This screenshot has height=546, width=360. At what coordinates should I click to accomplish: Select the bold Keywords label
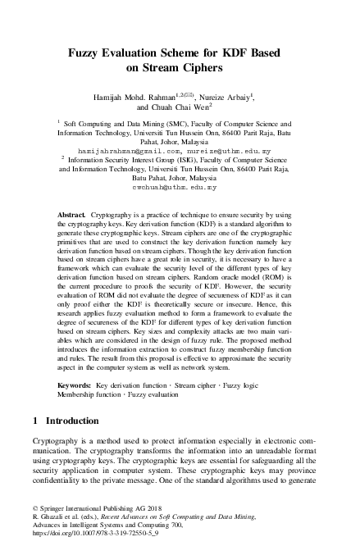tap(75, 384)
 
